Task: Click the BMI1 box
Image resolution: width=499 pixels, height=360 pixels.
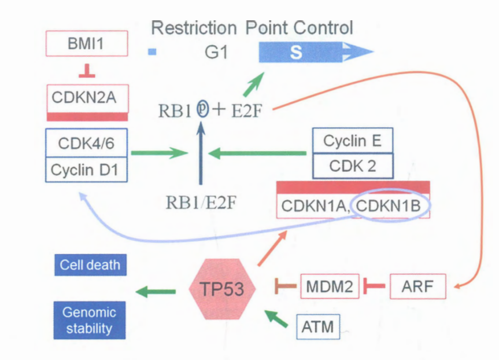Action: [86, 44]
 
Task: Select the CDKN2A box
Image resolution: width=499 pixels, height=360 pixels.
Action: [86, 98]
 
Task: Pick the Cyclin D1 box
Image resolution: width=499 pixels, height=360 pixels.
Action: [86, 170]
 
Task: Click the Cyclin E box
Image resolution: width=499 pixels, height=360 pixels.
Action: [352, 141]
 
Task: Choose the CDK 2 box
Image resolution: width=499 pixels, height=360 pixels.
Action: [352, 166]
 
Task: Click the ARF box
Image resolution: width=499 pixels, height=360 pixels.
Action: [417, 286]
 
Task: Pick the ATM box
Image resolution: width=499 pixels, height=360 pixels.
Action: [318, 326]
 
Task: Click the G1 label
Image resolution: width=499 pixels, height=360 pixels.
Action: [216, 53]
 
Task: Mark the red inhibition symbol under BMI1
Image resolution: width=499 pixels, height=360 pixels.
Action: [87, 72]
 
